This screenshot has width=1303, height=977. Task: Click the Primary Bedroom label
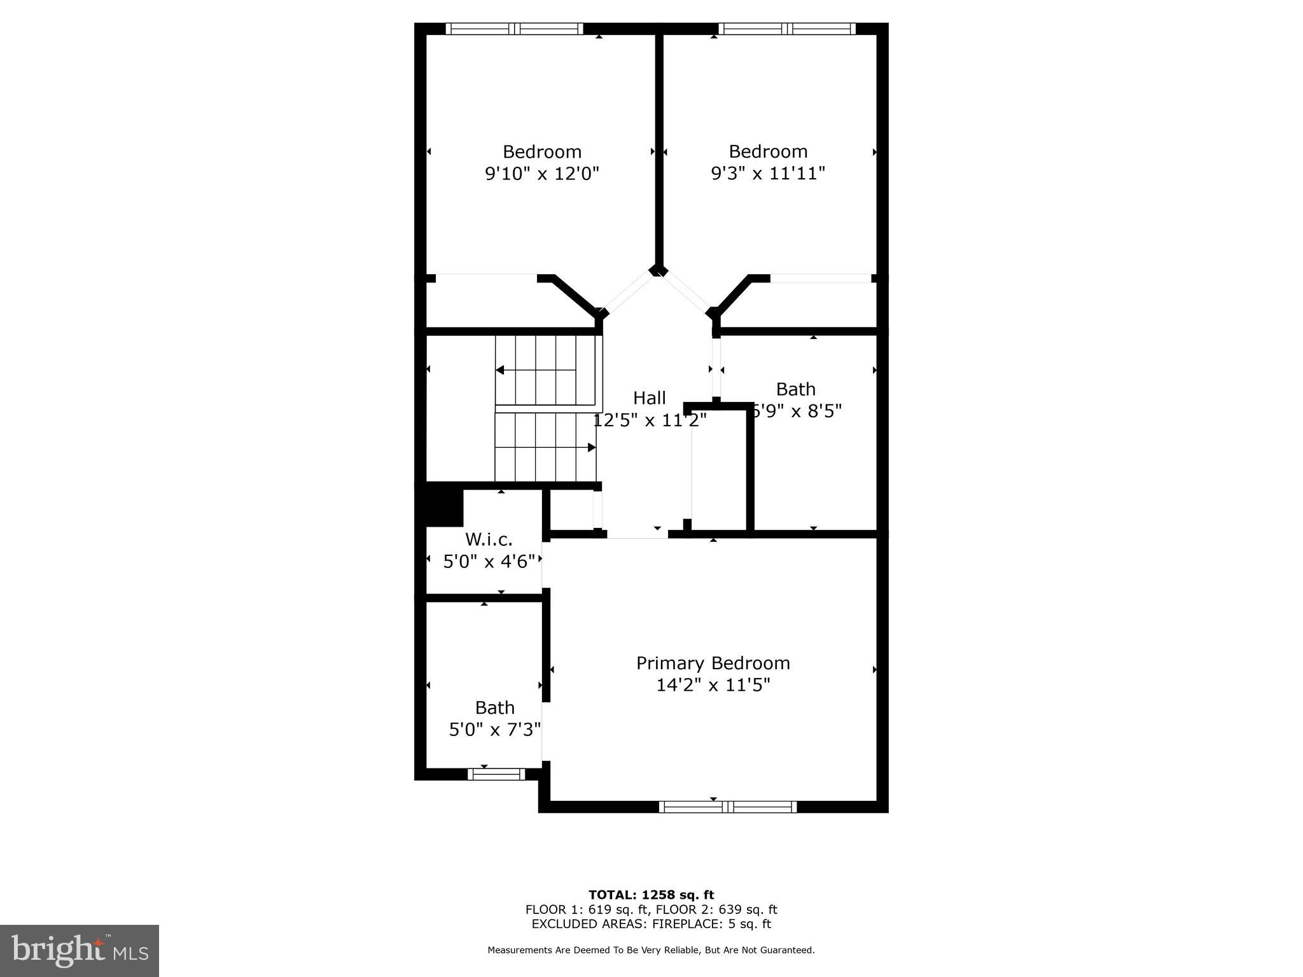(x=713, y=663)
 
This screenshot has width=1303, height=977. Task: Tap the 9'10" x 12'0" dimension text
(x=542, y=174)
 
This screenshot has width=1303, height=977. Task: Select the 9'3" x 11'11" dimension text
(x=768, y=173)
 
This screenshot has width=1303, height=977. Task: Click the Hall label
(x=649, y=398)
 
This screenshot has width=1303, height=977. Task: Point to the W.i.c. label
(x=489, y=539)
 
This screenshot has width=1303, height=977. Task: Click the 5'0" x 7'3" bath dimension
(x=495, y=729)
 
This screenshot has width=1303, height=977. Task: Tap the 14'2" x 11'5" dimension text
(x=713, y=685)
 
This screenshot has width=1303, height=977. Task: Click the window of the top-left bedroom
(x=514, y=29)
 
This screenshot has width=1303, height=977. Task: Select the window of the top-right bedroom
(x=787, y=29)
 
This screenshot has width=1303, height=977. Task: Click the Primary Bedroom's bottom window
(x=727, y=807)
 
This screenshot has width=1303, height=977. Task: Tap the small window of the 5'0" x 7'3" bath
(x=496, y=774)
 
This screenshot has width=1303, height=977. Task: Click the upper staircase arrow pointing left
(x=501, y=370)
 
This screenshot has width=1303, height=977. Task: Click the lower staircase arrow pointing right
(x=591, y=448)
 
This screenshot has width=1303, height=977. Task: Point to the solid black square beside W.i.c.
(x=444, y=504)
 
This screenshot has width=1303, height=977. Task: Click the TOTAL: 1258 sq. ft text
(x=651, y=895)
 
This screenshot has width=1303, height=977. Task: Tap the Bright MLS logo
(x=80, y=951)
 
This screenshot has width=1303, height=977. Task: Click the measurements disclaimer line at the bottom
(x=651, y=950)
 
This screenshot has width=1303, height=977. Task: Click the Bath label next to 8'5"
(x=795, y=389)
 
